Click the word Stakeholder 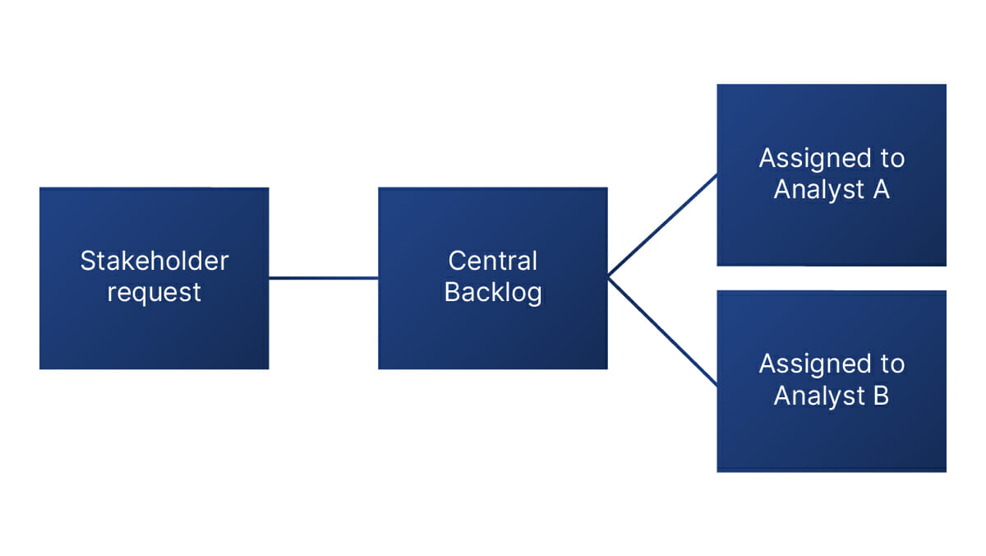(154, 262)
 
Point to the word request (154, 293)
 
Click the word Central (492, 262)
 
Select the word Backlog (492, 293)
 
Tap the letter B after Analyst (879, 396)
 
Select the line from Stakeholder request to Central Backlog (323, 278)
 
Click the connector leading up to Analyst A (662, 225)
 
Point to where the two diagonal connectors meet (609, 277)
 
